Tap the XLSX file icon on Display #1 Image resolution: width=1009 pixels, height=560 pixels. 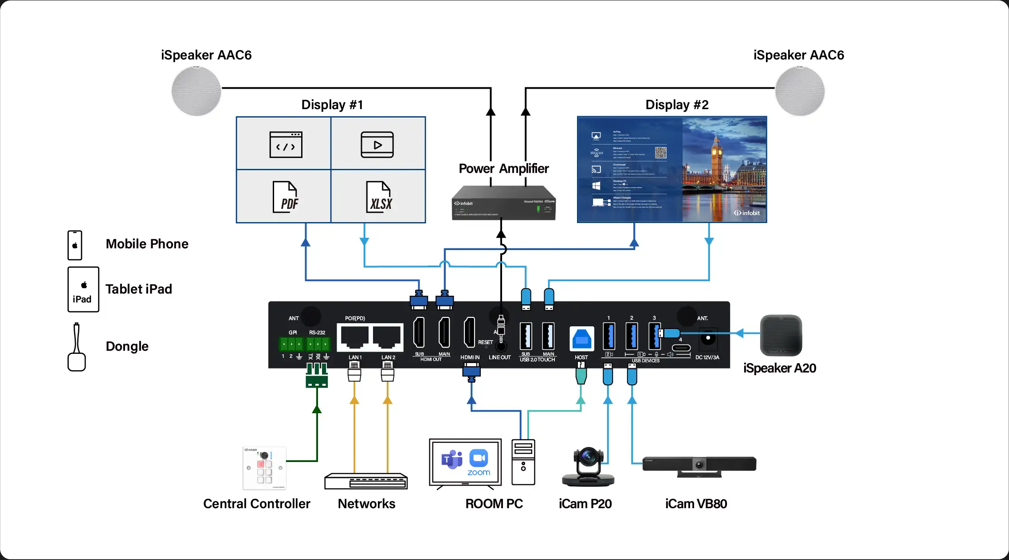(x=379, y=197)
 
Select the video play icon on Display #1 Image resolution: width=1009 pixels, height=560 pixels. (x=377, y=145)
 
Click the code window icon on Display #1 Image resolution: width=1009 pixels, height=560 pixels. (x=286, y=145)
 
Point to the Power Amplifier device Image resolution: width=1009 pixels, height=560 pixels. (x=503, y=204)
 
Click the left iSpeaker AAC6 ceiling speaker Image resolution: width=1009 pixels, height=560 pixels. (x=196, y=91)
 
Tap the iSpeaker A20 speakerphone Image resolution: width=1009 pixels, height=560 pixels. (x=781, y=335)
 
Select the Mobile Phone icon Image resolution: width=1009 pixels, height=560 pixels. (x=75, y=245)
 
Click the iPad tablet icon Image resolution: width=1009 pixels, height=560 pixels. (x=83, y=290)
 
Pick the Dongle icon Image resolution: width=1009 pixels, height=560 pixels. (x=76, y=348)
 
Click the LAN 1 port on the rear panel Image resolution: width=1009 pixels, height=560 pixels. (x=354, y=337)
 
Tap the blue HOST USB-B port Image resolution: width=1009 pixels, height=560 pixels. (x=581, y=340)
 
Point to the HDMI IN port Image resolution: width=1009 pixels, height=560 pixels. (x=469, y=332)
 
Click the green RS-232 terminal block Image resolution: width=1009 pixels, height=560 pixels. (x=318, y=344)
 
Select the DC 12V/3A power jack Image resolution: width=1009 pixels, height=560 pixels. (x=707, y=339)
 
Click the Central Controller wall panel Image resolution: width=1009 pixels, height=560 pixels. (x=264, y=468)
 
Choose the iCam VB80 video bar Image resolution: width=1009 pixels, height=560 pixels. (x=699, y=465)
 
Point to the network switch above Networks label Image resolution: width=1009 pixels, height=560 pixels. (x=366, y=481)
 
